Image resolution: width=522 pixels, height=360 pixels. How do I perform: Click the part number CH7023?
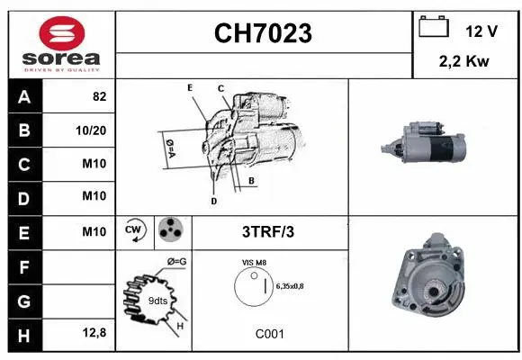pyautogui.click(x=264, y=33)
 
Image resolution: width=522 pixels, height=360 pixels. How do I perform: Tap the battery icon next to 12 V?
pyautogui.click(x=434, y=28)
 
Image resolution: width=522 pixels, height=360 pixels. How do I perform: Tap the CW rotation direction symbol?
pyautogui.click(x=135, y=231)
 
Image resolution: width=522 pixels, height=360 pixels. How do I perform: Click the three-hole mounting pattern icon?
pyautogui.click(x=169, y=231)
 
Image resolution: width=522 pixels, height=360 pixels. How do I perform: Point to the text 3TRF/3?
pyautogui.click(x=268, y=231)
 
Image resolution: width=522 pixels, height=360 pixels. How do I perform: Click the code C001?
pyautogui.click(x=269, y=333)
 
